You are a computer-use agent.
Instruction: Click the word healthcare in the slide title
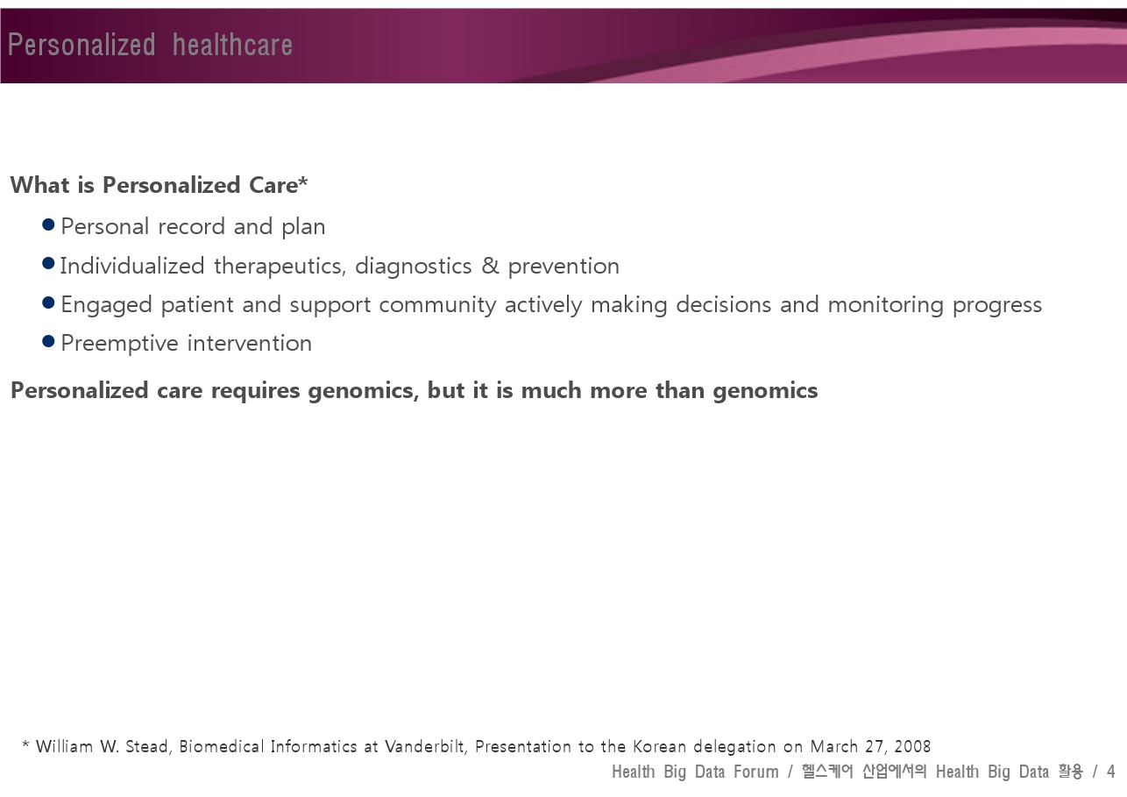point(232,45)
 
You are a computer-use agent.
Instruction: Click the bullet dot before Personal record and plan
point(48,224)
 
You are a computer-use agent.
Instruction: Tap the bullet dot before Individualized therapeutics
point(48,263)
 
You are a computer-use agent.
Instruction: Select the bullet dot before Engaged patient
point(48,302)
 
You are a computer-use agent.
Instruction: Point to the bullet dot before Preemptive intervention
point(48,341)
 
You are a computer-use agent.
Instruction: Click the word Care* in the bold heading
point(278,184)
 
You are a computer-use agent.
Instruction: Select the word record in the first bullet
point(191,226)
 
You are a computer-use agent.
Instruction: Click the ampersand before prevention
point(490,266)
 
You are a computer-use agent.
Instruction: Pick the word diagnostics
point(413,267)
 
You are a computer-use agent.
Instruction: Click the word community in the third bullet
point(437,305)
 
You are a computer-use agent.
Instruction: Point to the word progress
point(996,306)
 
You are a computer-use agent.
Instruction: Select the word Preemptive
point(119,344)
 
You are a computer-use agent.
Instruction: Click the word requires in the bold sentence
point(255,391)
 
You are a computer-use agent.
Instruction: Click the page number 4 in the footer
point(1110,772)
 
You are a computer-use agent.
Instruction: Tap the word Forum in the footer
point(755,772)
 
